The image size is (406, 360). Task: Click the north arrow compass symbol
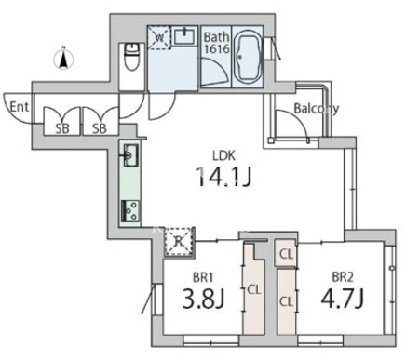click(x=63, y=59)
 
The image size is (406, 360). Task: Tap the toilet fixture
click(x=132, y=57)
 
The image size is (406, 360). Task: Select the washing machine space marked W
click(x=159, y=38)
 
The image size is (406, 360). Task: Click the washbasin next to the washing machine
click(x=184, y=36)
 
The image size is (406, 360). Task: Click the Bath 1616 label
click(x=216, y=43)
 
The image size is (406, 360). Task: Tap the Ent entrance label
click(x=20, y=107)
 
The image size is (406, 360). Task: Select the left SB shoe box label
click(x=62, y=128)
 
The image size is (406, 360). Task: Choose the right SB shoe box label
click(x=100, y=128)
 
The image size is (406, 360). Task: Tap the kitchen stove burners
click(x=131, y=211)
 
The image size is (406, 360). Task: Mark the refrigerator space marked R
click(x=179, y=242)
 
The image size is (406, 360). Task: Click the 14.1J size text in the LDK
click(x=223, y=177)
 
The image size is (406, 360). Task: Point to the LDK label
click(x=223, y=155)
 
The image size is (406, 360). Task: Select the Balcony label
click(x=316, y=109)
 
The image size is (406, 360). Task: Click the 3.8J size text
click(x=203, y=299)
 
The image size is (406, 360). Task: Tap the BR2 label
click(x=343, y=277)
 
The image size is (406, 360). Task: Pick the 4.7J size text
click(x=343, y=299)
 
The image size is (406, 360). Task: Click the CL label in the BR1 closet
click(x=254, y=290)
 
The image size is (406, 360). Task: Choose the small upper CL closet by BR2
click(x=286, y=254)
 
